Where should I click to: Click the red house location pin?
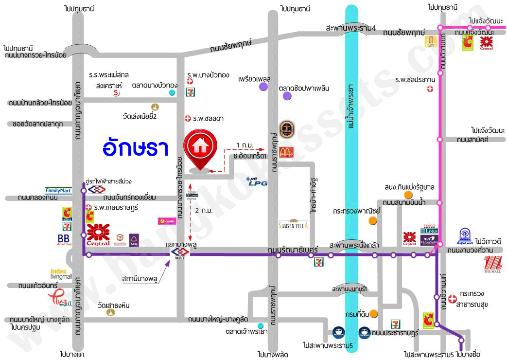tap(197, 149)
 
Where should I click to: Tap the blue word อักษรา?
tap(136, 148)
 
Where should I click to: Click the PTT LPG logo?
tap(255, 181)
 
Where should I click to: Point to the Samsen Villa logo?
tap(293, 225)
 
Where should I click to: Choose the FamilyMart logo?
tap(58, 191)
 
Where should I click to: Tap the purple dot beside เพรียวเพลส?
tap(263, 87)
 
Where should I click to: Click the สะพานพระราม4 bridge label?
tap(351, 28)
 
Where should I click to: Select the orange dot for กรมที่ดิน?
tap(373, 314)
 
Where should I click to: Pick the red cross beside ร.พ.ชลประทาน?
tap(430, 89)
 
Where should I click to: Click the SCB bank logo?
tap(134, 240)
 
